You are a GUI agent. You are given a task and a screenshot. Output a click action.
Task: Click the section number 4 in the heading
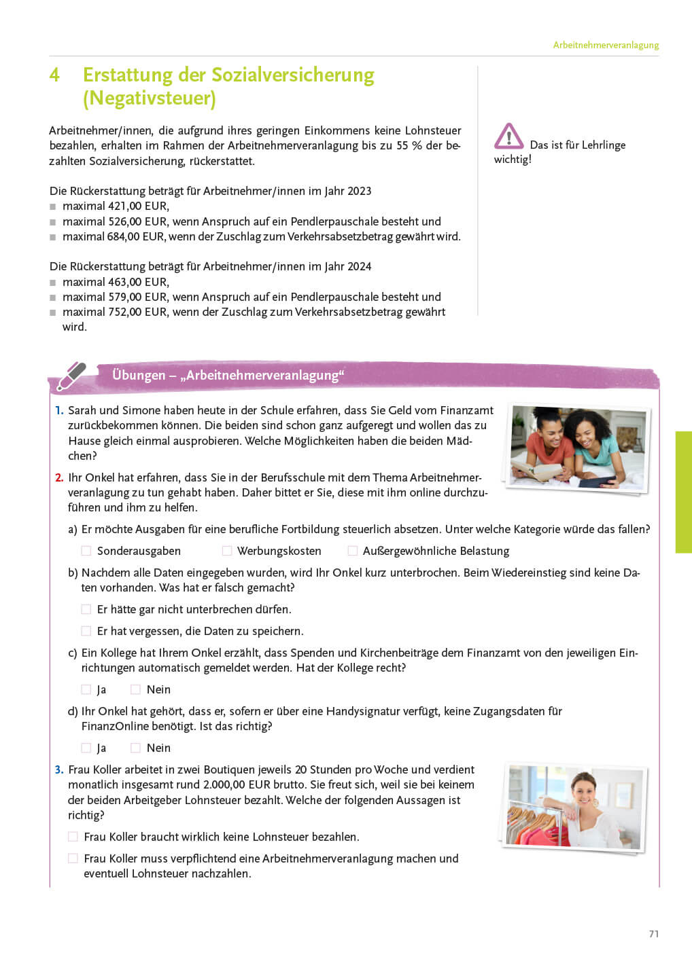click(x=54, y=75)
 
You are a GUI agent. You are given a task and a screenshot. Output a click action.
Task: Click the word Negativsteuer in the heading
click(x=149, y=98)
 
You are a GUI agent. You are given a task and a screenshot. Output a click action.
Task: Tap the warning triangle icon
click(x=508, y=137)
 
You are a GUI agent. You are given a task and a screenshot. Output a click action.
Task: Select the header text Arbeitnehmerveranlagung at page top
click(x=606, y=46)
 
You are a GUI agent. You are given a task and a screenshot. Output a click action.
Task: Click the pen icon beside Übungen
click(x=71, y=376)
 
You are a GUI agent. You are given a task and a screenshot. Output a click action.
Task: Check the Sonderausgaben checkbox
click(x=86, y=551)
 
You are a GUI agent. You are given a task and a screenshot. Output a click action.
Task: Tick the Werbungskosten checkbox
click(x=227, y=551)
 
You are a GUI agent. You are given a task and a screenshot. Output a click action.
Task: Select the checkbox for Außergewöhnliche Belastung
click(x=352, y=551)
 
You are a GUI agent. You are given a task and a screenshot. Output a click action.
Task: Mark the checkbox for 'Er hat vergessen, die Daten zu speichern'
click(x=86, y=632)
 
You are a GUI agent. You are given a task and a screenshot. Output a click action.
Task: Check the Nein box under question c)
click(x=135, y=690)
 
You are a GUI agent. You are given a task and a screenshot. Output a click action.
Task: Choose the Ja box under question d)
click(x=86, y=748)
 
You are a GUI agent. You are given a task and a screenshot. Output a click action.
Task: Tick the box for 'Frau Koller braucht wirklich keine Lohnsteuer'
click(x=73, y=837)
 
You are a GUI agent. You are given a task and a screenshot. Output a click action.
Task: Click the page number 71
click(x=654, y=935)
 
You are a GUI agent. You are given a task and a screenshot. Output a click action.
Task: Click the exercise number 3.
click(x=59, y=770)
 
